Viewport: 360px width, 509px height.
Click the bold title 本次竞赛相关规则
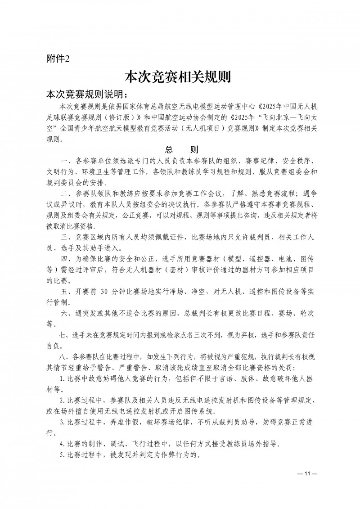(x=177, y=77)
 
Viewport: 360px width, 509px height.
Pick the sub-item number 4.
(x=62, y=442)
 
